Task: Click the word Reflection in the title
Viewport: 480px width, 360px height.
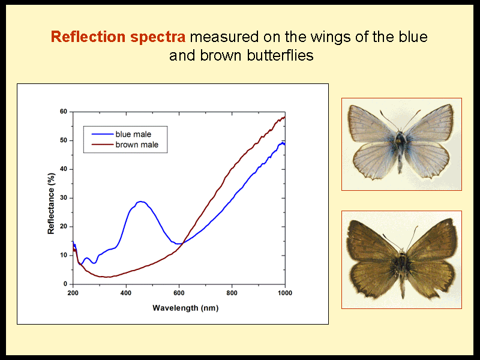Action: point(88,37)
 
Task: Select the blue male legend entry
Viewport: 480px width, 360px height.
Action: point(121,134)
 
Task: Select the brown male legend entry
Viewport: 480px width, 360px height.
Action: point(125,145)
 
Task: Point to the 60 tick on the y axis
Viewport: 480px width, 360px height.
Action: point(64,112)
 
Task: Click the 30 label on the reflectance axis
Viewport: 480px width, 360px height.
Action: point(64,198)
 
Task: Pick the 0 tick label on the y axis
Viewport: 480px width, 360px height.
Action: point(65,284)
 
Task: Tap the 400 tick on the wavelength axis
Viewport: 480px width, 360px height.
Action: point(126,293)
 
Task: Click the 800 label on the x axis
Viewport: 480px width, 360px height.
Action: point(232,293)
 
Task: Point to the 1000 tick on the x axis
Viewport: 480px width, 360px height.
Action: point(285,293)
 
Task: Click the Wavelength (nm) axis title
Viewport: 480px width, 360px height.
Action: point(185,308)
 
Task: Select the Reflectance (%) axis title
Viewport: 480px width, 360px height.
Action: point(51,203)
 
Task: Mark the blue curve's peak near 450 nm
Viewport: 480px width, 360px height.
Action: point(140,202)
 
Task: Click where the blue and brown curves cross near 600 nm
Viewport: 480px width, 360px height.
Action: point(183,244)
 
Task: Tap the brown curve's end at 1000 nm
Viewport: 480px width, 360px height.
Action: point(285,116)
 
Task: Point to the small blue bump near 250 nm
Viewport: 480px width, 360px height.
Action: point(86,259)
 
